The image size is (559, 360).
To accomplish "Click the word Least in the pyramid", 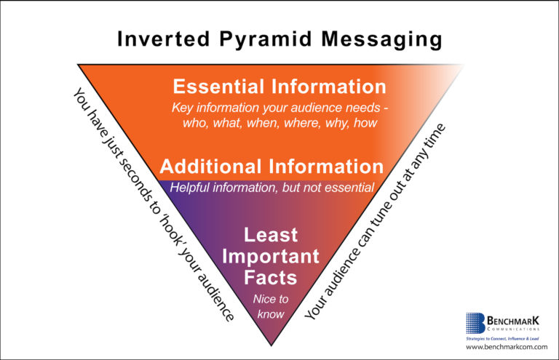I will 270,235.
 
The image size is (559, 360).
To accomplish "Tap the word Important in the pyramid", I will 270,256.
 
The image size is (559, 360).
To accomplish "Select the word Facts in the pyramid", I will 270,277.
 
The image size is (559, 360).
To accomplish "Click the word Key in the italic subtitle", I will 182,107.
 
